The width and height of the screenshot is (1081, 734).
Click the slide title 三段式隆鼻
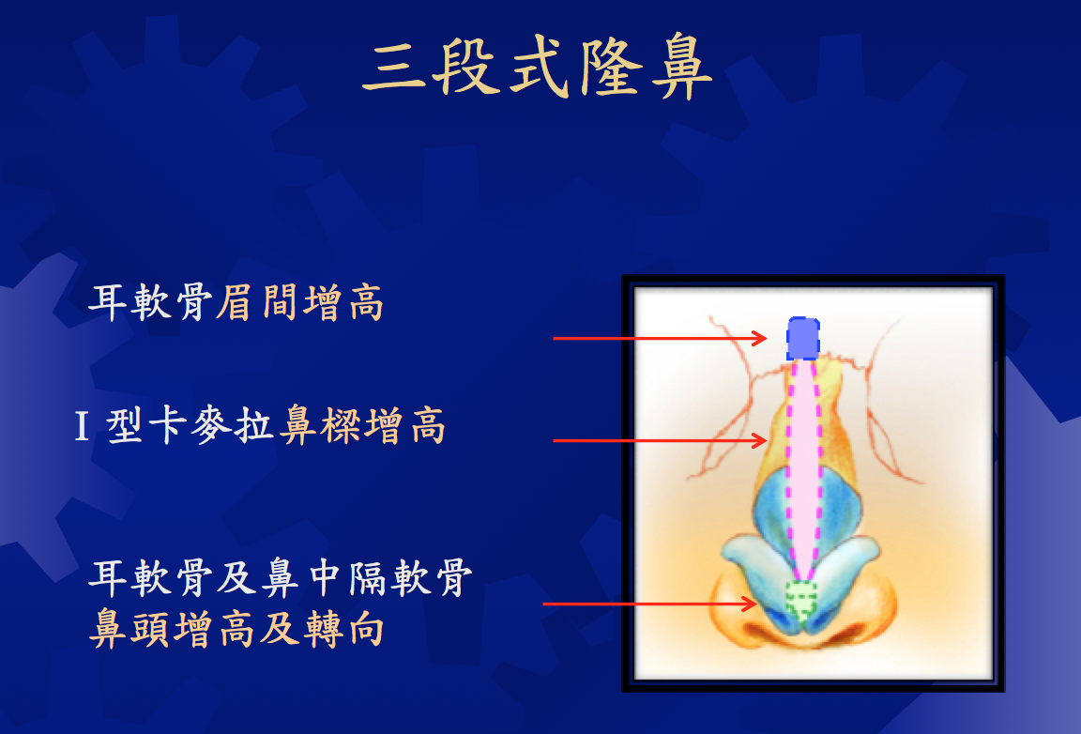(537, 67)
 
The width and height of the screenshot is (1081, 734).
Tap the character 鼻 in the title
(680, 67)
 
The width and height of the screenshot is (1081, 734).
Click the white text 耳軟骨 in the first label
(150, 302)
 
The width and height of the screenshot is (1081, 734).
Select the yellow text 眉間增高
(299, 302)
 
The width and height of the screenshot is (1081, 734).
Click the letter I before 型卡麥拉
(82, 426)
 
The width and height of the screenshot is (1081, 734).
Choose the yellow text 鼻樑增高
(361, 425)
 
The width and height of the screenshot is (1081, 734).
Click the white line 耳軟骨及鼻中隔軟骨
(281, 578)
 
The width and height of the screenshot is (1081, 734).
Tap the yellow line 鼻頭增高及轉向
(236, 628)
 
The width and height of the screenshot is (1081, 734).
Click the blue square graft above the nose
(803, 338)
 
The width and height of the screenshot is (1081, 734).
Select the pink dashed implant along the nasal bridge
(803, 469)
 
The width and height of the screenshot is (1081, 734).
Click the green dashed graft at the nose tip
(801, 600)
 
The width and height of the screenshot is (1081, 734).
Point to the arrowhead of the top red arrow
(761, 338)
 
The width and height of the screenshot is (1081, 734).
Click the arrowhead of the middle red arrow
(761, 440)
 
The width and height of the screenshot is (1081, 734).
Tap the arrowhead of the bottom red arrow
(751, 604)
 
